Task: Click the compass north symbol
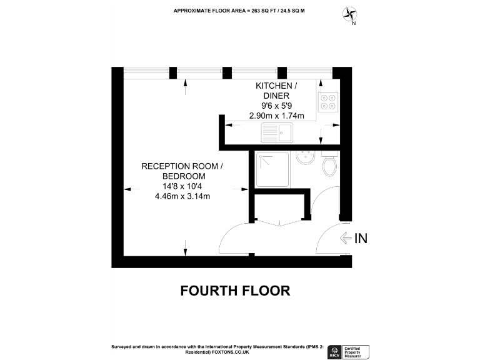(351, 14)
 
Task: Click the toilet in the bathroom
(330, 165)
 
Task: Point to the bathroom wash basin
(306, 158)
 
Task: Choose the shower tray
(273, 169)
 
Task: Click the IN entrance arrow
(353, 238)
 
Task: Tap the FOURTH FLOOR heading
(235, 291)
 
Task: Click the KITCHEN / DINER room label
(277, 90)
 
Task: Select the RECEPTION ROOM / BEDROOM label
(182, 171)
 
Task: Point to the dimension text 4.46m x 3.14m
(182, 196)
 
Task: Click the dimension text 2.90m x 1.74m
(277, 116)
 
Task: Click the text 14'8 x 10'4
(182, 186)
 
